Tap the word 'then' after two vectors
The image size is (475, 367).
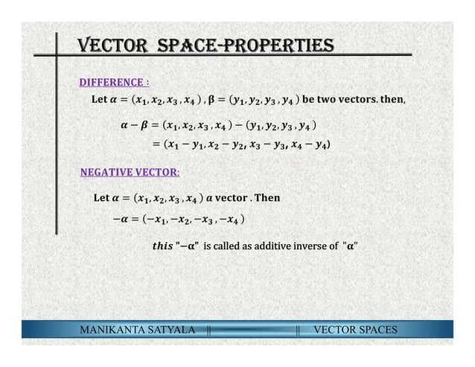tap(408, 100)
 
